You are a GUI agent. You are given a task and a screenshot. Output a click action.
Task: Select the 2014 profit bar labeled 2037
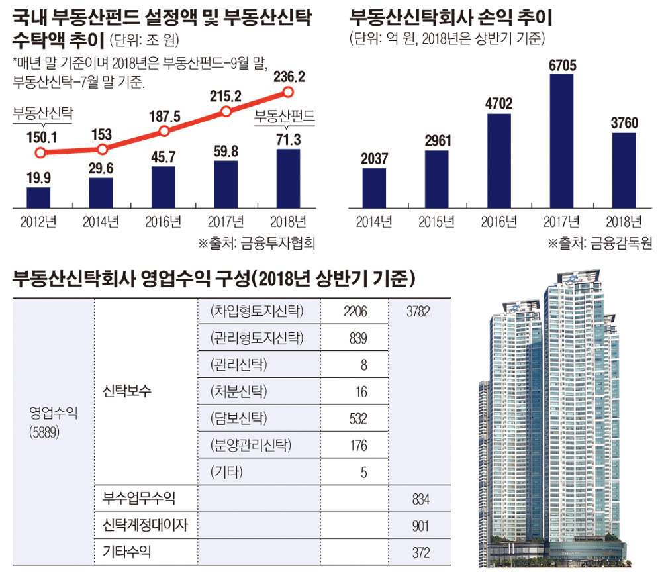coord(375,187)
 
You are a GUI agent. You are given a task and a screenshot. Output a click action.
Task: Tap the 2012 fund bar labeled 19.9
coord(38,197)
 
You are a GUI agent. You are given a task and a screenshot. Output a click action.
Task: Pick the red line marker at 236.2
coord(288,92)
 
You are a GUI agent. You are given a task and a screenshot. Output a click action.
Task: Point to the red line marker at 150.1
coord(40,154)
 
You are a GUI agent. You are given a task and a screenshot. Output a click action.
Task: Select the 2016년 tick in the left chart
coord(164,222)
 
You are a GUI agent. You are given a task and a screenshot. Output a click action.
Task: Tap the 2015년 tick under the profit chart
coord(437,221)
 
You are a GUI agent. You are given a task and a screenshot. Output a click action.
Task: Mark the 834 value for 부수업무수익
coord(420,499)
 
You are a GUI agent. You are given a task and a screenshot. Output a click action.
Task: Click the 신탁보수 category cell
coord(128,391)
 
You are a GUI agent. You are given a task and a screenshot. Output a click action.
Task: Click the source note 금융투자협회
coord(271,243)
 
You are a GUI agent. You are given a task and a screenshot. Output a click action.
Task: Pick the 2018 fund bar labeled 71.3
coord(288,177)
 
